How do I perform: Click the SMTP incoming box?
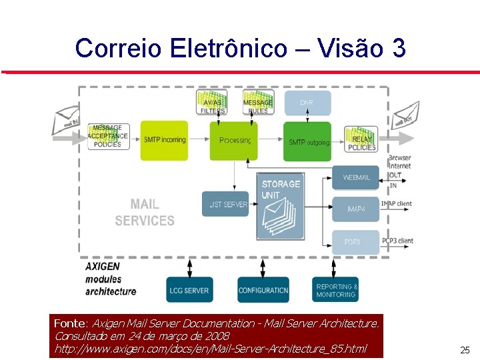click(164, 141)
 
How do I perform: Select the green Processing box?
click(233, 141)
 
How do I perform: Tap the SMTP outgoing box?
click(307, 141)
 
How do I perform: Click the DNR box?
click(307, 103)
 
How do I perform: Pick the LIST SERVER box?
click(225, 204)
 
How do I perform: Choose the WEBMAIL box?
click(355, 177)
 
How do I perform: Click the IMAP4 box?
click(355, 209)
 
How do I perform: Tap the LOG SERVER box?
click(190, 290)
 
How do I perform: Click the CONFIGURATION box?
click(263, 290)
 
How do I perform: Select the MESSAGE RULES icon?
click(258, 103)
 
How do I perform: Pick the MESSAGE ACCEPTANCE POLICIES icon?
click(107, 137)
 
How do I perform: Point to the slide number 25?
click(465, 350)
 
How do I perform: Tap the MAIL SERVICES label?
click(145, 213)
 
